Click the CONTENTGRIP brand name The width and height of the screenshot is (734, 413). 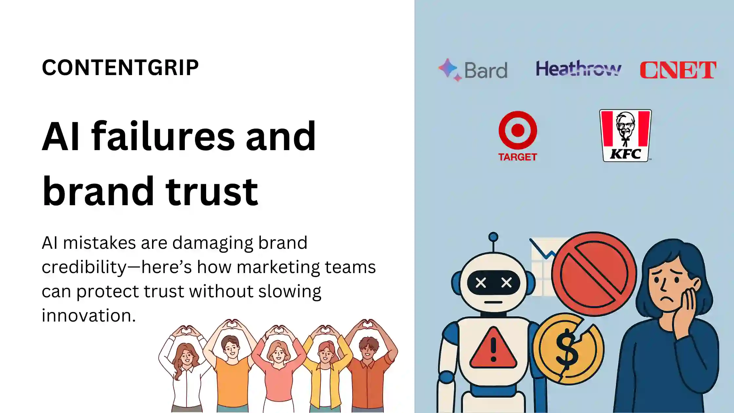click(x=120, y=68)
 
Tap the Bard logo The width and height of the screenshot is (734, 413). click(x=473, y=69)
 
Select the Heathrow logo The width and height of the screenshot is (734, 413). click(x=578, y=69)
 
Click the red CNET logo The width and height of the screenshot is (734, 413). click(x=678, y=70)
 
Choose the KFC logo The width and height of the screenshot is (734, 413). click(x=626, y=136)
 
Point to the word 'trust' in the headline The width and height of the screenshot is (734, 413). click(x=212, y=191)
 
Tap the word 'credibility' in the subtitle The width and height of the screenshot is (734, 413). click(x=84, y=267)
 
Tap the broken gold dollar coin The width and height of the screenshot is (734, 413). click(x=569, y=349)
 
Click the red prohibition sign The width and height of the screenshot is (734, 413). click(x=594, y=274)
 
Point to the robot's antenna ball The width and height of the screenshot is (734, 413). click(x=493, y=237)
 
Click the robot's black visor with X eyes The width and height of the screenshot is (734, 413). click(x=493, y=283)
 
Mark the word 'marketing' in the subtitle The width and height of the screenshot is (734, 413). click(x=278, y=267)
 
